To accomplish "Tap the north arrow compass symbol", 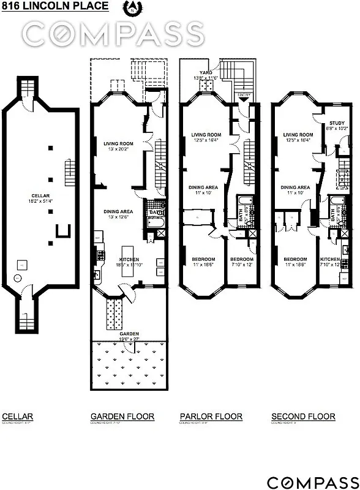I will pyautogui.click(x=130, y=8).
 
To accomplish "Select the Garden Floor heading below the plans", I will pyautogui.click(x=122, y=417).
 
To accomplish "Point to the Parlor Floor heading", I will pyautogui.click(x=211, y=417).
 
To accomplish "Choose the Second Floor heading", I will pyautogui.click(x=303, y=417).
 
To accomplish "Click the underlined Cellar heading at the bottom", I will pyautogui.click(x=18, y=417).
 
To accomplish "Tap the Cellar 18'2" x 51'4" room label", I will pyautogui.click(x=40, y=182).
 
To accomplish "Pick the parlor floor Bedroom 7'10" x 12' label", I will pyautogui.click(x=241, y=262).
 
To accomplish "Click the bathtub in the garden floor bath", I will pyautogui.click(x=154, y=232).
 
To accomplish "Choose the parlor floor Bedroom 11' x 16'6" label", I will pyautogui.click(x=204, y=262).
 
